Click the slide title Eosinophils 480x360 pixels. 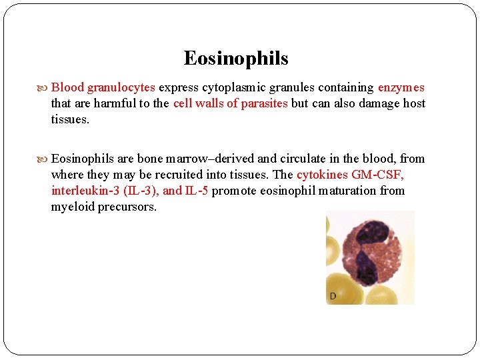pos(236,59)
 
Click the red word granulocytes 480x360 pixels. pos(121,87)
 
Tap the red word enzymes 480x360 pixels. pos(401,87)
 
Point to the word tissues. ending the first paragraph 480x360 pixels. pos(70,119)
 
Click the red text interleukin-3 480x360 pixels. pos(86,191)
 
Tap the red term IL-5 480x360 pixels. pos(196,191)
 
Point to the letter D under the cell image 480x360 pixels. pos(331,295)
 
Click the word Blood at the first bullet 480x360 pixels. pos(67,87)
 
